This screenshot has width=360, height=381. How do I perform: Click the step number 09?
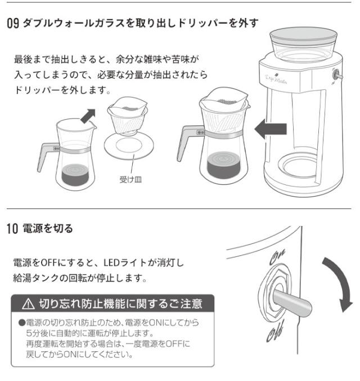(13, 24)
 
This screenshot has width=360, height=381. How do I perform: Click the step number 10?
(12, 229)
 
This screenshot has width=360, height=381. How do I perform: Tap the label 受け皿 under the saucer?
(130, 180)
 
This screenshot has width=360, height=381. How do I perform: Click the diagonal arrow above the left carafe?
(88, 116)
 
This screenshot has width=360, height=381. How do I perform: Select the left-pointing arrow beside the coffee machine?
(271, 129)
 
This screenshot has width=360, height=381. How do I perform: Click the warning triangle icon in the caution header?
(28, 304)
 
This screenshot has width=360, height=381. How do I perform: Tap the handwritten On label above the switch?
(277, 257)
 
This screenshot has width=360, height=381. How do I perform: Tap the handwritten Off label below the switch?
(275, 331)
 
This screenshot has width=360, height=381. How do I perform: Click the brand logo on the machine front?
(276, 79)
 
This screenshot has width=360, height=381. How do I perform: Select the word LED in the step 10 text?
(111, 263)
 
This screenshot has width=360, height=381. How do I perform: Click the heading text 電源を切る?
(48, 229)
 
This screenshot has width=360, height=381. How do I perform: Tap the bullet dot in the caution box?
(22, 323)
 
